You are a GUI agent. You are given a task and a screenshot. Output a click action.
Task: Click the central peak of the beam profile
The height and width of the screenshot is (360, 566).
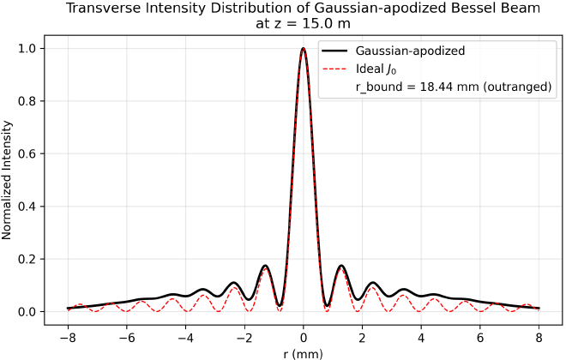click(303, 49)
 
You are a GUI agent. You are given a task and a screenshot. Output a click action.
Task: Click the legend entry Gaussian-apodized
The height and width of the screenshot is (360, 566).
click(411, 51)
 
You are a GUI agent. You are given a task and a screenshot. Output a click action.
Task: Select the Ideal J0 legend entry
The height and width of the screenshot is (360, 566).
click(376, 69)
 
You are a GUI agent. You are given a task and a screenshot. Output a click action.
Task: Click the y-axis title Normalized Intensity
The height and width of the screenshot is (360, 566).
click(8, 180)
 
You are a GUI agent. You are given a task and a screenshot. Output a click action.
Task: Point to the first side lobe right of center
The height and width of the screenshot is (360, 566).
click(341, 266)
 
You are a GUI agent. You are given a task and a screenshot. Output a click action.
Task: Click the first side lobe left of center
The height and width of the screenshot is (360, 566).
click(265, 266)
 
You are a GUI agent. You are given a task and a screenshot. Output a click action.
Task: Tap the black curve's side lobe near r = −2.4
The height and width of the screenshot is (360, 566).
click(232, 282)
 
